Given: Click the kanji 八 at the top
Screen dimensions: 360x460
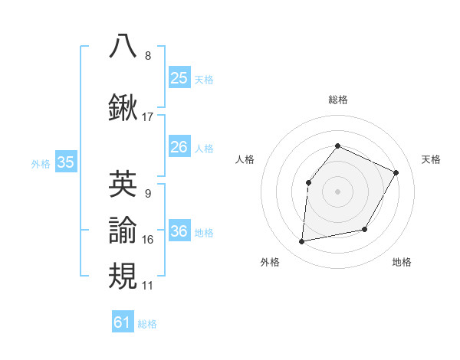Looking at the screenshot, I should tap(123, 45).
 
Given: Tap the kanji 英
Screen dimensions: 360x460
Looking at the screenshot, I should tap(123, 183).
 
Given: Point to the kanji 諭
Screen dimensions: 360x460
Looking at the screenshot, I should tap(123, 229).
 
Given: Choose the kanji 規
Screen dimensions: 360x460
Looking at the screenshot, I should tap(123, 275).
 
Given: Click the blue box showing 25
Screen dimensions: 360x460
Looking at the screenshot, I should tap(179, 78).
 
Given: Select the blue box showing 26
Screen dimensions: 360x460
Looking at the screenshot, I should tap(179, 147).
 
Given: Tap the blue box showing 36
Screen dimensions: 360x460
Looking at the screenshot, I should tap(179, 231).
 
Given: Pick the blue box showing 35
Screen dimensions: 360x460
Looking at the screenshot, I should tap(65, 162).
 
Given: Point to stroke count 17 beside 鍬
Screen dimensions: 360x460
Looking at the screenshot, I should tap(148, 117).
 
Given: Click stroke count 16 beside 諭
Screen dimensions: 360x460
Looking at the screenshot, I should tap(148, 240).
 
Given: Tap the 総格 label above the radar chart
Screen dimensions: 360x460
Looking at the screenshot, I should tap(338, 100).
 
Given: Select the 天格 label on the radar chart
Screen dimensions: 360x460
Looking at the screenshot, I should tap(432, 159).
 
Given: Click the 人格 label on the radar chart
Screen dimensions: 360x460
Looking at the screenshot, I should tap(245, 159).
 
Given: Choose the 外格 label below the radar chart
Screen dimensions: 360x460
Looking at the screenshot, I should tap(270, 262).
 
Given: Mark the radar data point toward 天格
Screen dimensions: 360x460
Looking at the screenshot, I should tap(396, 172).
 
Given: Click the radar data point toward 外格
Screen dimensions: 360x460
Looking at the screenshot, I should tap(302, 241).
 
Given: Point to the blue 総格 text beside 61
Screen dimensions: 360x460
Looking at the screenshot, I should tap(147, 324).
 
